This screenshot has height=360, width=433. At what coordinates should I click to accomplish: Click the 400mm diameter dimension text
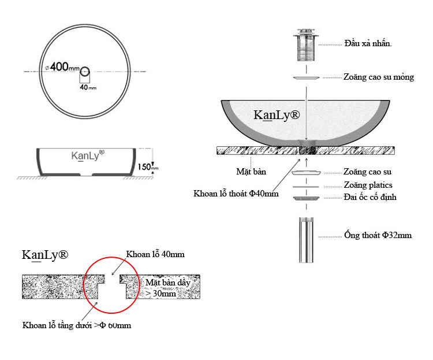tap(63, 66)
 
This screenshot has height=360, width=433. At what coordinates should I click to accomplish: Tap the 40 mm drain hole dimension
tap(88, 87)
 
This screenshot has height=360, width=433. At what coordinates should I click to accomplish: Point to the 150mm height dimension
tap(148, 167)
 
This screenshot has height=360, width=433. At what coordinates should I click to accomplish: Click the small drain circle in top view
tap(85, 71)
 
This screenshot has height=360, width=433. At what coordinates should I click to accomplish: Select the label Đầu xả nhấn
tap(368, 43)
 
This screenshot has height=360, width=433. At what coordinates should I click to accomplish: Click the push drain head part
tap(306, 45)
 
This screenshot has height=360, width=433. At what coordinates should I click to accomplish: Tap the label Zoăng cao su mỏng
tap(379, 77)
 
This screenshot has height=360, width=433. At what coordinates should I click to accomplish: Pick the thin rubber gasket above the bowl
tap(306, 77)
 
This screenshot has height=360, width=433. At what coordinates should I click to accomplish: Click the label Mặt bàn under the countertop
tap(251, 172)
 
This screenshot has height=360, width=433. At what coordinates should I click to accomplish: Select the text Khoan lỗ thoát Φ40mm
tap(236, 194)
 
